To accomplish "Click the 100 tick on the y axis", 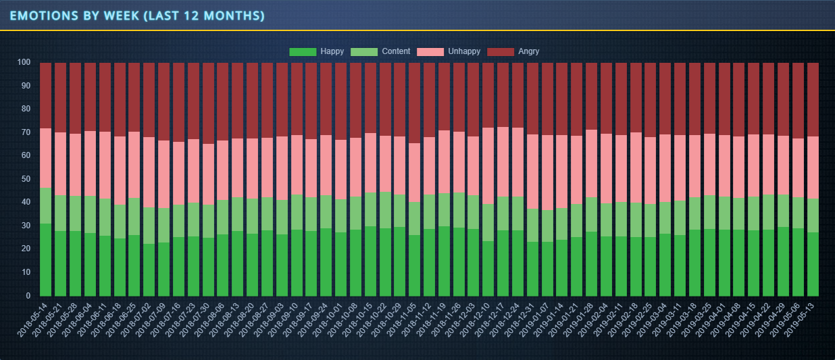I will tap(23, 63).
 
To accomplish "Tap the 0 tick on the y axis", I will tap(27, 296).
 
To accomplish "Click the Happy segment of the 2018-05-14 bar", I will tap(46, 260).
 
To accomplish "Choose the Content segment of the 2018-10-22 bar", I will tap(385, 210).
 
